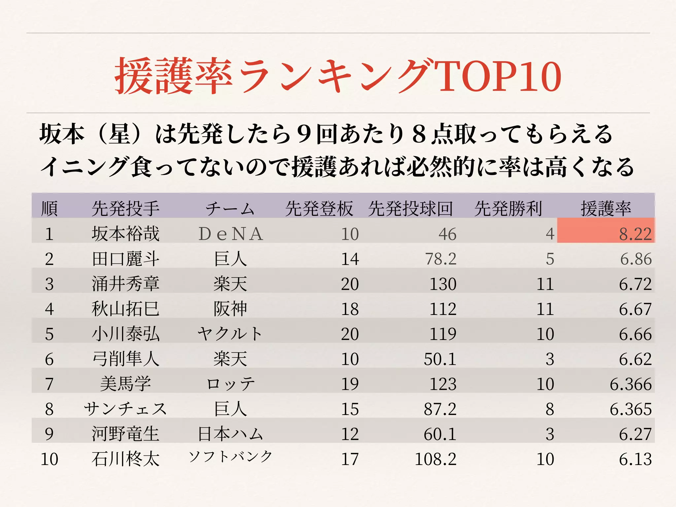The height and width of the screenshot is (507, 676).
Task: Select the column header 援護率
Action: point(606,208)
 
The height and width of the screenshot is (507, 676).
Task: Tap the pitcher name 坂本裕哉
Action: point(125,234)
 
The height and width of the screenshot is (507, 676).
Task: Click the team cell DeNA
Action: point(230,234)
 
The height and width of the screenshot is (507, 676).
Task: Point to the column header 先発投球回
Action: point(410,208)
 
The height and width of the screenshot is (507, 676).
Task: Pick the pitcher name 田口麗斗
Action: point(125,259)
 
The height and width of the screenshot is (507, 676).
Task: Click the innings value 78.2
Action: point(441,259)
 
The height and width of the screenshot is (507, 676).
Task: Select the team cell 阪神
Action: point(230,309)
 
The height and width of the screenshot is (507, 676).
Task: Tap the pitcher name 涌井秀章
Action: point(125,284)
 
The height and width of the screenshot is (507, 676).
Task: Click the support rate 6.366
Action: point(630,384)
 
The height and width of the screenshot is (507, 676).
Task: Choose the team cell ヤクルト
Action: point(230,334)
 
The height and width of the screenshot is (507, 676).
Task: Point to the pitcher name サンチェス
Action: point(125,409)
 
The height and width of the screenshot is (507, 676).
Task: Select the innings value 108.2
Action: point(435,459)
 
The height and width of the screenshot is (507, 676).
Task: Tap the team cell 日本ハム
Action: point(230,434)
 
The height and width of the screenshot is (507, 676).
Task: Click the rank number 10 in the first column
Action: point(49,459)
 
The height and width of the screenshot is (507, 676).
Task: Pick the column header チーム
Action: point(230,208)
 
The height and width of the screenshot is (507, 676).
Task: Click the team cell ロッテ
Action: point(230,384)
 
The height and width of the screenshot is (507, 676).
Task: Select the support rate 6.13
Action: point(635,459)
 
